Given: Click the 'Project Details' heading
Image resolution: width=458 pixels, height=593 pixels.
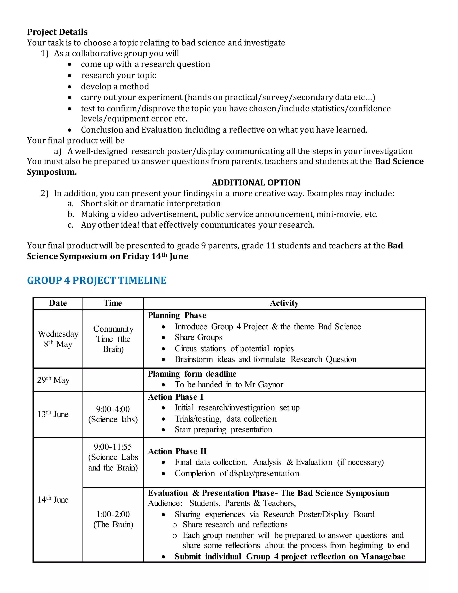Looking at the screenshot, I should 57,32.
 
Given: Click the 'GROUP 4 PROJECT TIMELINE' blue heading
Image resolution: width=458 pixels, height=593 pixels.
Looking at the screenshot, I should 97,280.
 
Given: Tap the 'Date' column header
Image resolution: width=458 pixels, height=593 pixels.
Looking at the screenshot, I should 58,303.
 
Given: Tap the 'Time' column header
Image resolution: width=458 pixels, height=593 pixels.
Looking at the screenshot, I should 113,303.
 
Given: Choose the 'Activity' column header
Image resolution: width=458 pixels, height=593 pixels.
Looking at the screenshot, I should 284,303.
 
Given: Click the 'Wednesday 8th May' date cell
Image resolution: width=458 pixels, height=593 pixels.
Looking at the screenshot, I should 58,339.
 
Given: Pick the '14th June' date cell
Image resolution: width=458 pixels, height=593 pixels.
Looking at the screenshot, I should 53,500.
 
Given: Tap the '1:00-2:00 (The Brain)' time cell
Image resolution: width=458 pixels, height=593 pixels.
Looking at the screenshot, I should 113,519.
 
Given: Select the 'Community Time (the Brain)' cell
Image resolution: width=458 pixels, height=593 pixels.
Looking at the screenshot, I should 113,339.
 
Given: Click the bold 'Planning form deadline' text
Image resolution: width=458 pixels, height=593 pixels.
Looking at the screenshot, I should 192,374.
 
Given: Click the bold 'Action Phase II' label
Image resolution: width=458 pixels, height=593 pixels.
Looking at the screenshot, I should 177,451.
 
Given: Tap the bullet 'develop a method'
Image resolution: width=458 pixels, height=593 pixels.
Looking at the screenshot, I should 115,86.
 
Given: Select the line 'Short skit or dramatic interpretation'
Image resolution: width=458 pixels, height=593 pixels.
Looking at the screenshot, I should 151,203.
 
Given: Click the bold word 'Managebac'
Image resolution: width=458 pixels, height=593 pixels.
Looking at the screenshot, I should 383,556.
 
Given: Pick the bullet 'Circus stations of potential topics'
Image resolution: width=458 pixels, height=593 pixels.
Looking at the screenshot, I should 234,348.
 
